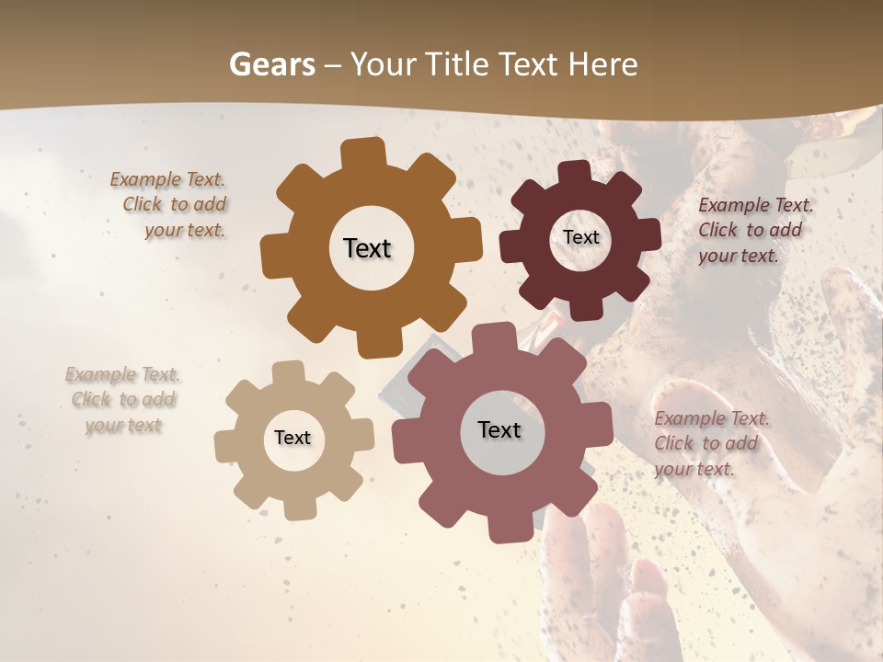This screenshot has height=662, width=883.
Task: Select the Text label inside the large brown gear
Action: (x=367, y=248)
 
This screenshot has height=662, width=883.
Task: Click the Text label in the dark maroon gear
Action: (x=580, y=237)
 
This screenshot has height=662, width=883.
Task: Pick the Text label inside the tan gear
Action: (x=292, y=438)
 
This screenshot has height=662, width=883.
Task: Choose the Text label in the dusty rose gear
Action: (x=499, y=429)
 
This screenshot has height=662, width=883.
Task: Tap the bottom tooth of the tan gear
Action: (x=295, y=508)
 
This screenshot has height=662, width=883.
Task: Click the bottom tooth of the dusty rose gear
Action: (x=505, y=528)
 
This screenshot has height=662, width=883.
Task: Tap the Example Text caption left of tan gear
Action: (x=122, y=400)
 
